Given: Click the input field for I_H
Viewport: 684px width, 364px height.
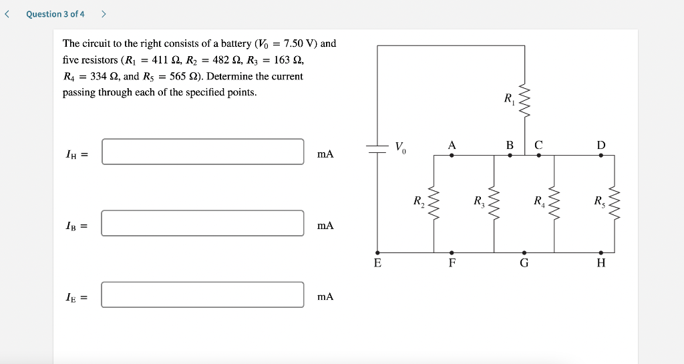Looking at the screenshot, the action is tap(203, 152).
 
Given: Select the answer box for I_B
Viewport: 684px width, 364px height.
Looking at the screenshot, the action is tap(203, 223).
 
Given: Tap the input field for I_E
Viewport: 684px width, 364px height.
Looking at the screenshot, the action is tap(203, 295).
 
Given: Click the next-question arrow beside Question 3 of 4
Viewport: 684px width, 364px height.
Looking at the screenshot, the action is tap(104, 14).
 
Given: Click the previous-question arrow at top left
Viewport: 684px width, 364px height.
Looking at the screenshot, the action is tap(7, 14).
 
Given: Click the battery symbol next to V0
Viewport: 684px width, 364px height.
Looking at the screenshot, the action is tap(377, 150).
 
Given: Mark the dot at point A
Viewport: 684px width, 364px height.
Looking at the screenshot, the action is tap(452, 155).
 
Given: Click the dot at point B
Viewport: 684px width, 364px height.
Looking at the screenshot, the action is tap(510, 155).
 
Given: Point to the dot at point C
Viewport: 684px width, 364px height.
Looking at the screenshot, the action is tap(539, 155).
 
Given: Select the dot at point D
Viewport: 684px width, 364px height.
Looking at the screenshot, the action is tap(601, 155).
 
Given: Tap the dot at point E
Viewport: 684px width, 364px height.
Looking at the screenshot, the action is tap(378, 252).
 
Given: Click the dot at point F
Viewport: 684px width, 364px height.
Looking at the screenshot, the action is tap(452, 252).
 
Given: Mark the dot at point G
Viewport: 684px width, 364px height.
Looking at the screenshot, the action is tap(524, 252).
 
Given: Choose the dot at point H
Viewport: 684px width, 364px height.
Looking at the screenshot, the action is tap(601, 252).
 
